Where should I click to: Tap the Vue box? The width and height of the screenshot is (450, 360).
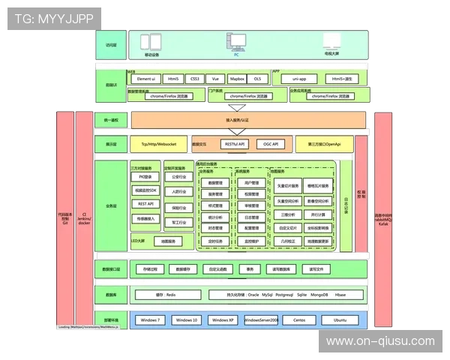click(215, 79)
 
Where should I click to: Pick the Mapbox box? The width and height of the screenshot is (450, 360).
click(237, 79)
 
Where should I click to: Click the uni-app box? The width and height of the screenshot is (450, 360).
click(299, 79)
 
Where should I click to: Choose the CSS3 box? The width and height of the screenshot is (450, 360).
click(194, 79)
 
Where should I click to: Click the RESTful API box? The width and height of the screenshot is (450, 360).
click(235, 143)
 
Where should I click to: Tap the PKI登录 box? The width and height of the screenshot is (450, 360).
click(145, 177)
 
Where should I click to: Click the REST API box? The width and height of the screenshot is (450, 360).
click(145, 204)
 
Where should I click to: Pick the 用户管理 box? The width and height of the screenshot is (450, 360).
click(252, 183)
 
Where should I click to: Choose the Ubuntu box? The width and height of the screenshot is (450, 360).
click(340, 320)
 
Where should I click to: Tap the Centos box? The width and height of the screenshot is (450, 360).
click(299, 320)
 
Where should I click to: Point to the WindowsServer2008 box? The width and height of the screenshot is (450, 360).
click(261, 320)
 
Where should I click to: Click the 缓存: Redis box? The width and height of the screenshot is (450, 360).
click(165, 295)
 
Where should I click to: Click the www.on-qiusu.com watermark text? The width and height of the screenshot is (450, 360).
click(380, 341)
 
